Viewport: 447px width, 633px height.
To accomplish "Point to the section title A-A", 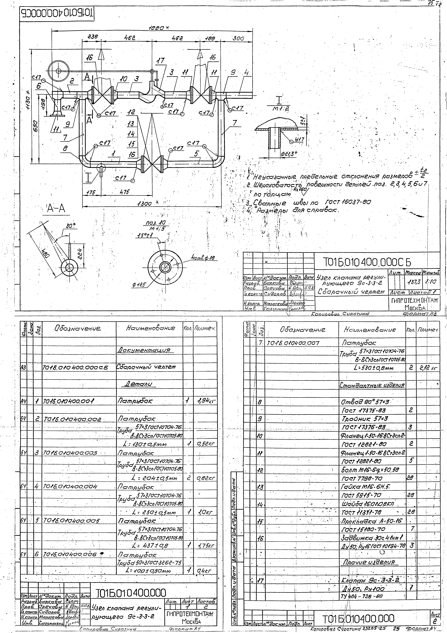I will click(x=56, y=209).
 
